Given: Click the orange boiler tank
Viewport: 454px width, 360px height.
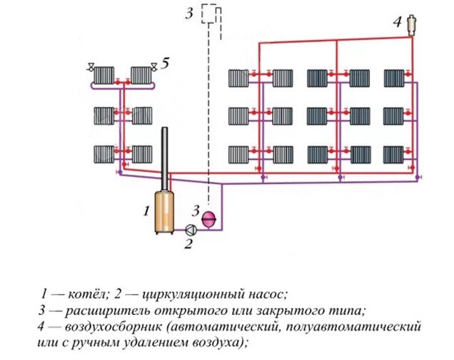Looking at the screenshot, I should click(165, 212).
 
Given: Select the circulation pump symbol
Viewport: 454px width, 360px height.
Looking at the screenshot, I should click(191, 229).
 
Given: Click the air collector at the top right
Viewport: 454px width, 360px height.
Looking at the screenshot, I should click(412, 25).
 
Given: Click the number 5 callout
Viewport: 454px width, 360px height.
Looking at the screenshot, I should click(165, 64).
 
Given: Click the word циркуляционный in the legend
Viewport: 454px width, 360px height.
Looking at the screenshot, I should click(187, 294).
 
